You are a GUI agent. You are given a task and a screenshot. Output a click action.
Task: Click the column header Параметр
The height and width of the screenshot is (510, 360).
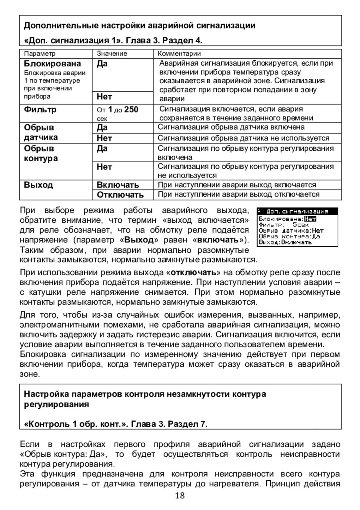click(x=40, y=54)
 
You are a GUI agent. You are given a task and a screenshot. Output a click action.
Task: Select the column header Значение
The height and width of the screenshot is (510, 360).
click(x=112, y=54)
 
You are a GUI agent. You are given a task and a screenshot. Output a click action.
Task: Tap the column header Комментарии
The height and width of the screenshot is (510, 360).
click(x=180, y=54)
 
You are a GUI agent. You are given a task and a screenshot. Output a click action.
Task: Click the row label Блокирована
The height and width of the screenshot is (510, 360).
click(x=52, y=64)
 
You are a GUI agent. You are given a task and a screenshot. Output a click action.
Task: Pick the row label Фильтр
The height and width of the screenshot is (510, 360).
click(x=40, y=109)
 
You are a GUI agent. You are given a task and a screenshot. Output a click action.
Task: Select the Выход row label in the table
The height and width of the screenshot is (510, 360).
click(x=38, y=185)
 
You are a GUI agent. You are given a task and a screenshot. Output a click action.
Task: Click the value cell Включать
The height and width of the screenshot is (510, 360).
click(x=118, y=185)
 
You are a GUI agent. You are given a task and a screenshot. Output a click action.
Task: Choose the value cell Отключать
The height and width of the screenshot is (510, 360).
click(x=120, y=195)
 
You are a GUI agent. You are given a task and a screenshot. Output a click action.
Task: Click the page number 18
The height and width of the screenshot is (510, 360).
click(x=180, y=496)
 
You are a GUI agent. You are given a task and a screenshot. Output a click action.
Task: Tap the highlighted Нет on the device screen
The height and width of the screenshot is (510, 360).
click(x=310, y=218)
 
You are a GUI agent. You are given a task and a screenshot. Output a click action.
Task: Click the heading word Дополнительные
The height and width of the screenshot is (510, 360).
click(x=55, y=26)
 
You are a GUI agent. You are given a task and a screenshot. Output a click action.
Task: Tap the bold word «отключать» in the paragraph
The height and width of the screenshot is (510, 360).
click(x=194, y=273)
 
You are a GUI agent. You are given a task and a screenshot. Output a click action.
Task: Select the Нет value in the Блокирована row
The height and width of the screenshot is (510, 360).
click(x=105, y=96)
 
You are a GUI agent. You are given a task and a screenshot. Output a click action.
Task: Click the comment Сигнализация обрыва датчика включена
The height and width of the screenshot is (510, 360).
click(x=231, y=127)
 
